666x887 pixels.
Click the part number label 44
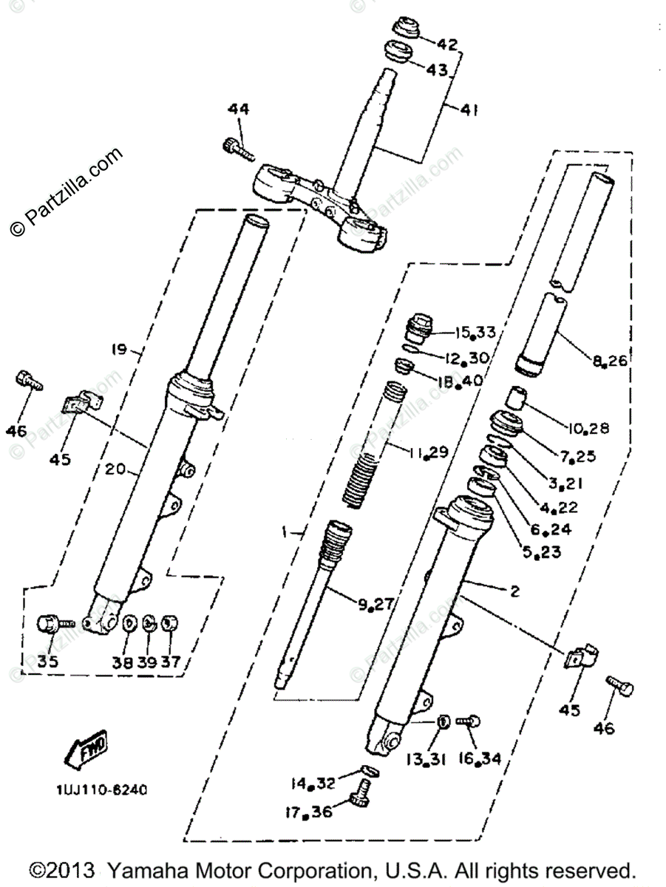coord(238,109)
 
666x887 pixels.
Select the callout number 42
coord(449,44)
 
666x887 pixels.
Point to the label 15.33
coord(497,332)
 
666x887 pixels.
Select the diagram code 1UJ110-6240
coord(101,789)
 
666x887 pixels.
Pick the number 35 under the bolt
coord(47,662)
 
